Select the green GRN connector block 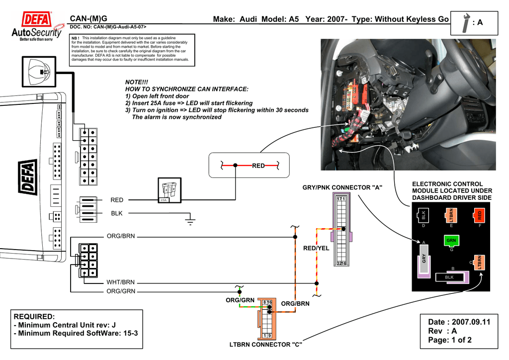[x=451, y=241]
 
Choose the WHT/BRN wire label [x=121, y=282]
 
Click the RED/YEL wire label [x=316, y=248]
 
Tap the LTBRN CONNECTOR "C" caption [x=266, y=345]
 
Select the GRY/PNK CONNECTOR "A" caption [x=342, y=187]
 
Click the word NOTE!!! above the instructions [x=137, y=82]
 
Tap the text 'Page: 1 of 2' [x=449, y=341]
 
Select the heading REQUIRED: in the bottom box [x=33, y=317]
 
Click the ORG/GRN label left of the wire [x=121, y=292]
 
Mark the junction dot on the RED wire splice [x=236, y=165]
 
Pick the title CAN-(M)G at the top [x=88, y=19]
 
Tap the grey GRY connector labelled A [x=424, y=260]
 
